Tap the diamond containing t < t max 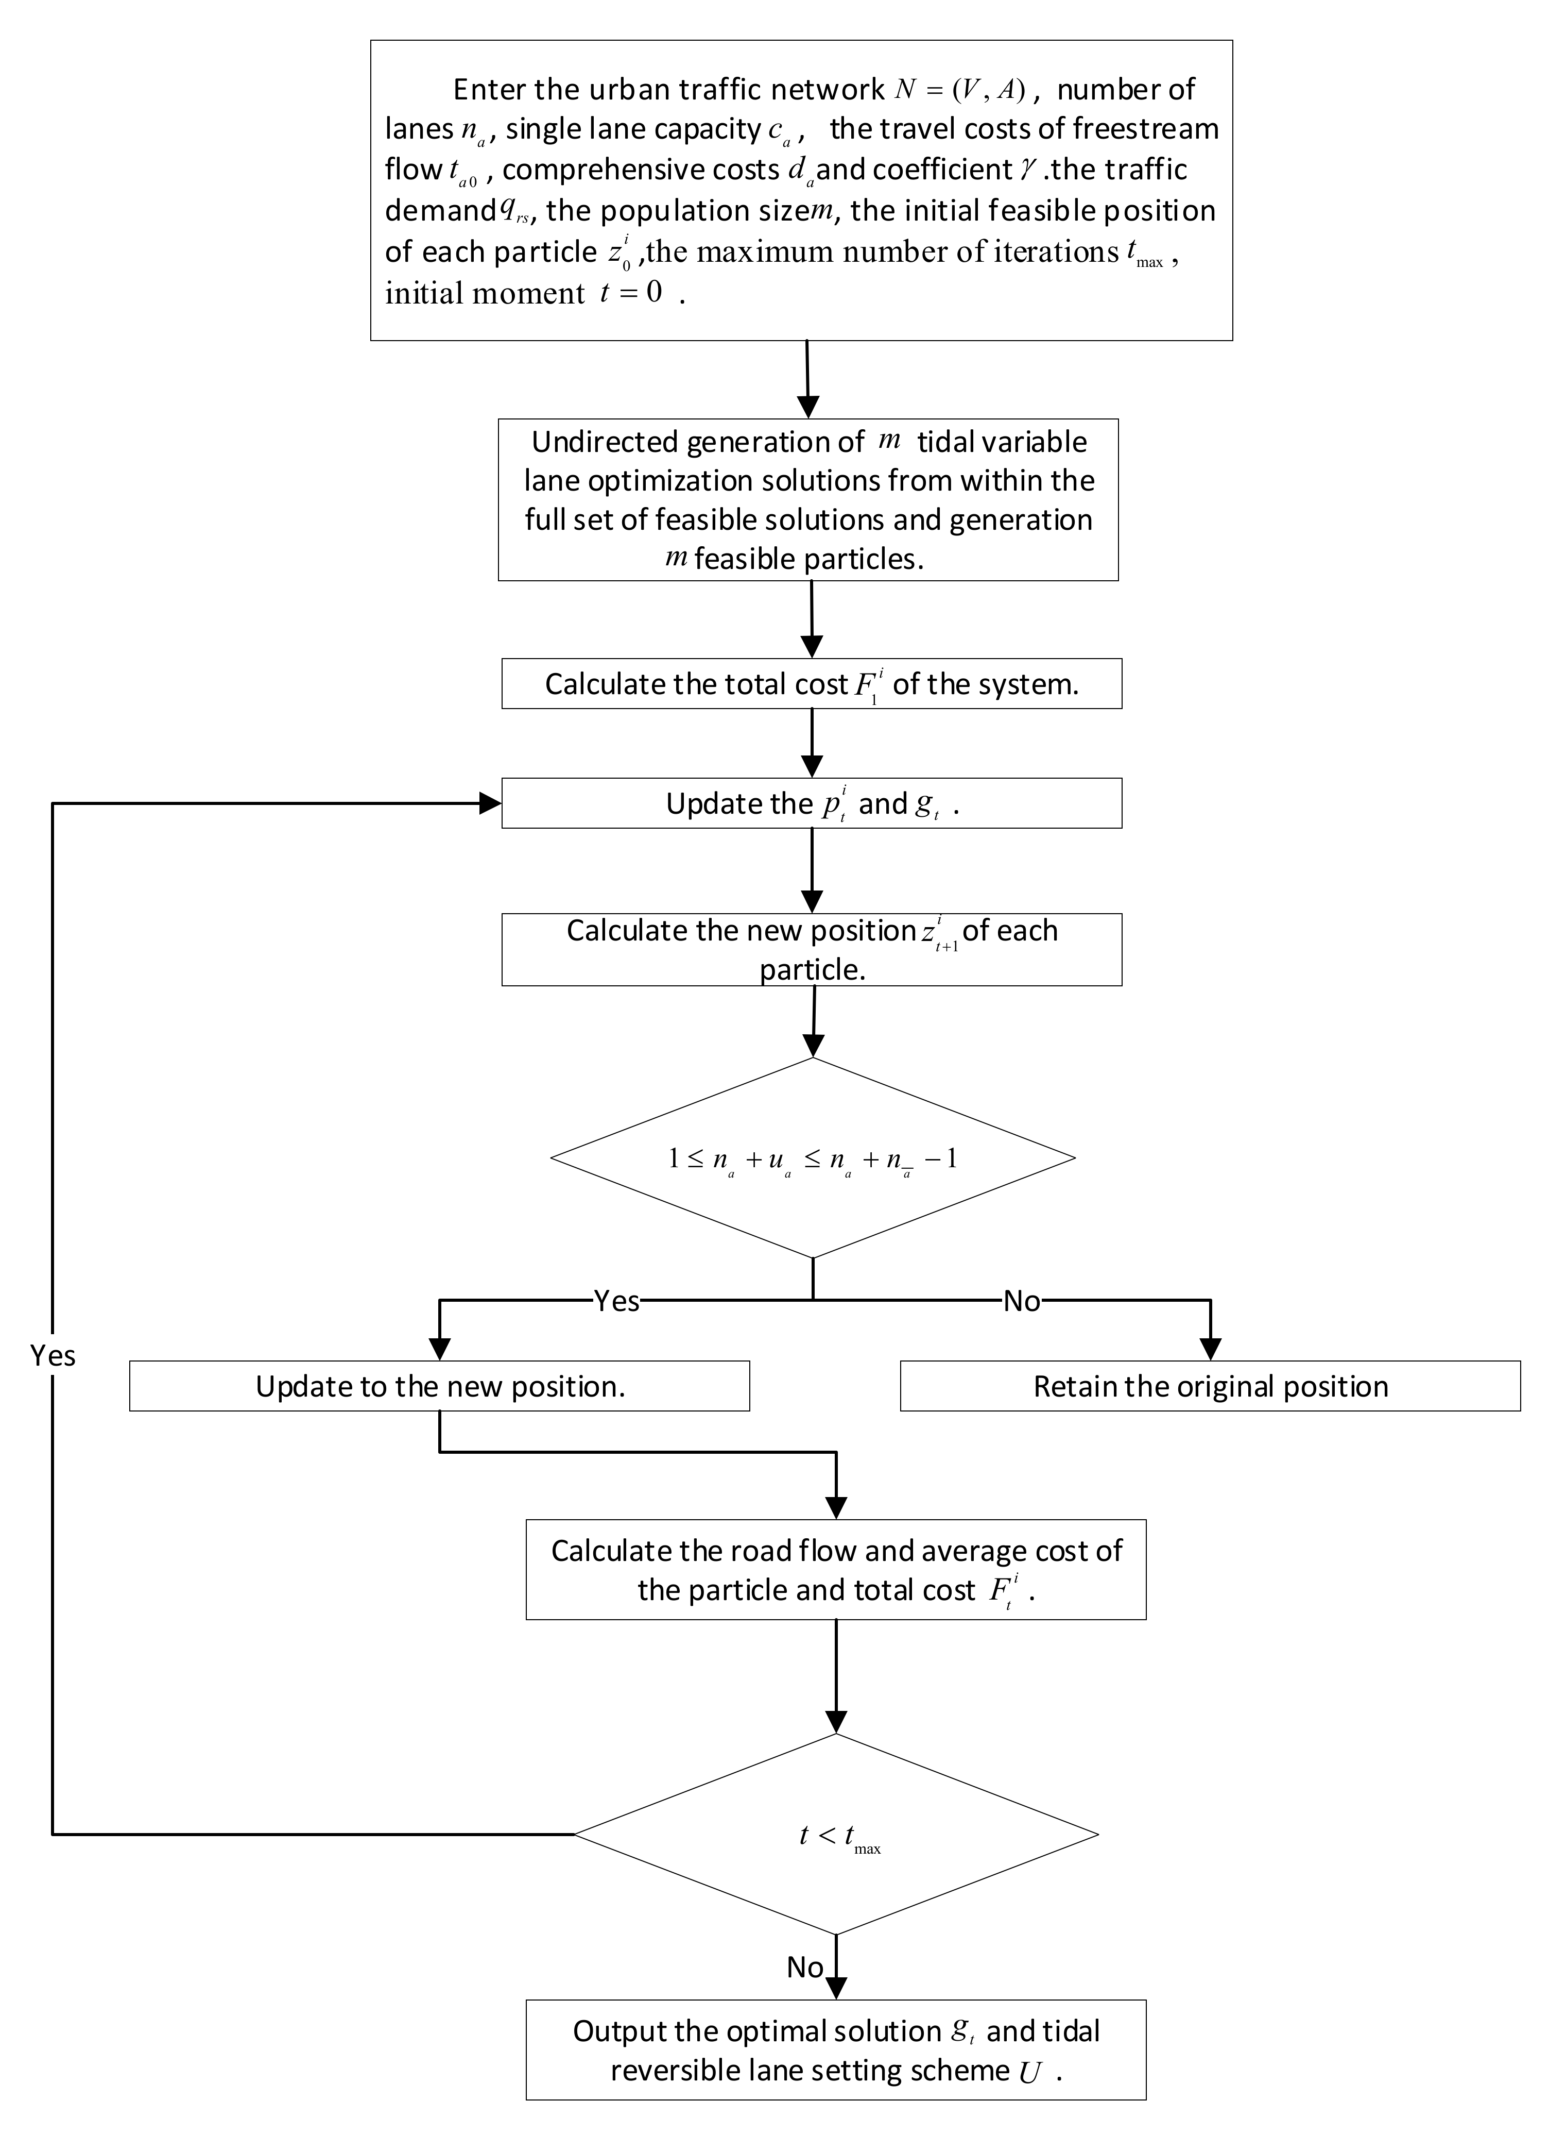click(x=836, y=1834)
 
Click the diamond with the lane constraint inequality click(x=813, y=1158)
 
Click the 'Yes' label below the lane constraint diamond click(x=616, y=1300)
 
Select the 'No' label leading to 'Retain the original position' click(x=1021, y=1300)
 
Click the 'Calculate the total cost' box click(x=812, y=684)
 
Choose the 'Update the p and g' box click(x=812, y=803)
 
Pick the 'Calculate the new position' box click(x=812, y=949)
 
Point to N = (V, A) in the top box click(x=959, y=89)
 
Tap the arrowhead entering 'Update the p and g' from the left click(x=490, y=803)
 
